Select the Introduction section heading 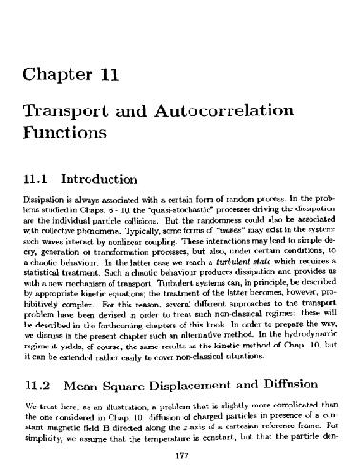(x=119, y=178)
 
